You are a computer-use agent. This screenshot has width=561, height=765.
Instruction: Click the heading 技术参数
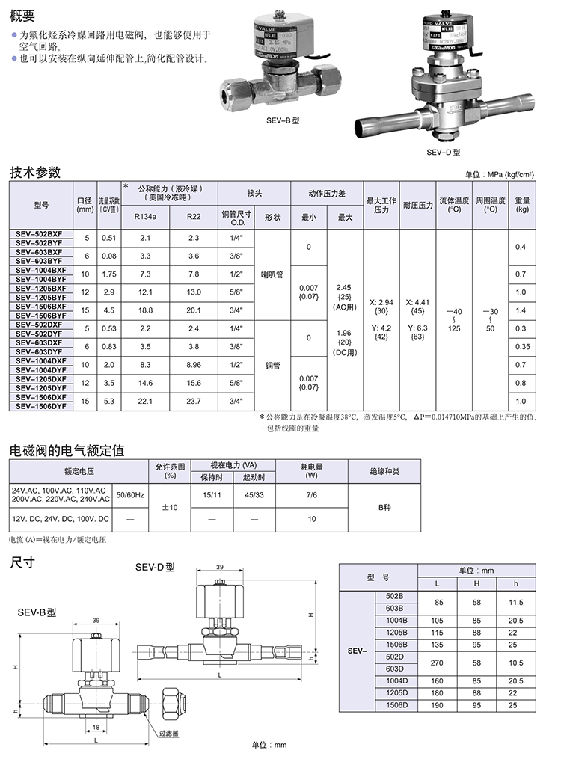[x=34, y=172]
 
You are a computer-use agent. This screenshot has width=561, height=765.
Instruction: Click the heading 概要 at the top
[x=23, y=14]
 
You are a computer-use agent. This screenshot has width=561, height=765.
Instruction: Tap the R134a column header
[x=145, y=217]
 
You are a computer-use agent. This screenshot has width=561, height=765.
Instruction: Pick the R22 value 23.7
[x=194, y=400]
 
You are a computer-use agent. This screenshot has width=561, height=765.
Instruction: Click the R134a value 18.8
[x=145, y=310]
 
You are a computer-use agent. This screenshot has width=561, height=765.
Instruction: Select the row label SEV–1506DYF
[x=40, y=406]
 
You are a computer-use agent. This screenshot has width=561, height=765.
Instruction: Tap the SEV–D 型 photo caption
[x=441, y=152]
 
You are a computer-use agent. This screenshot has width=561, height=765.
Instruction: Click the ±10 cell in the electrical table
[x=170, y=507]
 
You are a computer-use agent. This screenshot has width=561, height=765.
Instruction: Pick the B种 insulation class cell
[x=384, y=507]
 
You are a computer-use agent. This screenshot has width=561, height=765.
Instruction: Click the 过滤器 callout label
[x=169, y=734]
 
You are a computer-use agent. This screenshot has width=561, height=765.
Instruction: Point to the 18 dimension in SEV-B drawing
[x=95, y=726]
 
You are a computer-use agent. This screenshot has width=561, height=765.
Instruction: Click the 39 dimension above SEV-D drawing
[x=219, y=568]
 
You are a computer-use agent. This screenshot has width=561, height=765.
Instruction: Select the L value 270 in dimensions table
[x=438, y=662]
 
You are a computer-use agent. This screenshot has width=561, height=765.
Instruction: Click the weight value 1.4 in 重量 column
[x=521, y=310]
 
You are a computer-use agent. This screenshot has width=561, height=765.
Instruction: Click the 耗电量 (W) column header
[x=311, y=470]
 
